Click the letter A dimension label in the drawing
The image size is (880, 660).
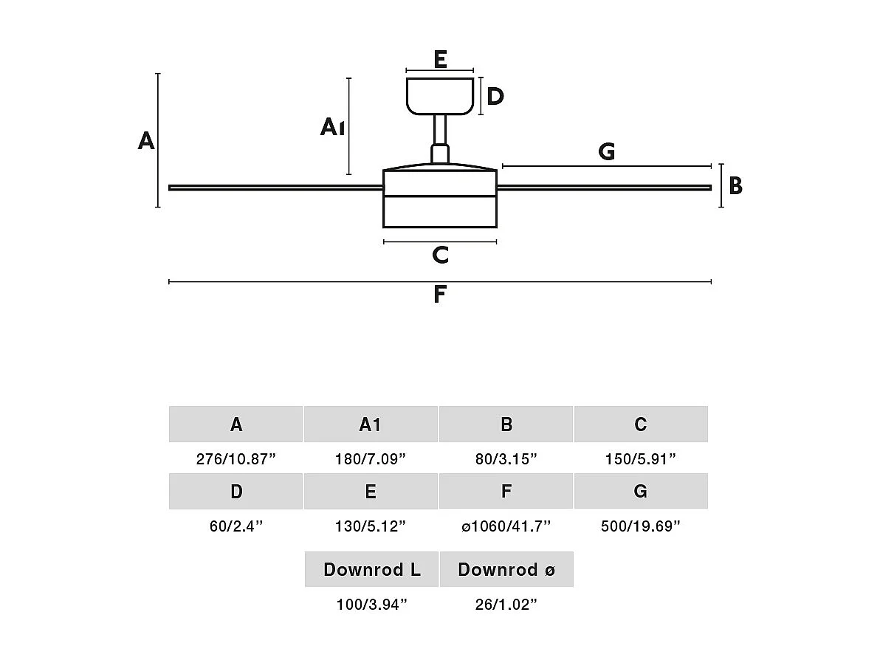pyautogui.click(x=146, y=140)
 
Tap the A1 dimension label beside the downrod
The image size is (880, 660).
pyautogui.click(x=332, y=128)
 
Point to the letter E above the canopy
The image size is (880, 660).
pyautogui.click(x=440, y=59)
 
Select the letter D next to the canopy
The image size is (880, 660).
pyautogui.click(x=495, y=96)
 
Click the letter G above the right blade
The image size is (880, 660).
pyautogui.click(x=606, y=152)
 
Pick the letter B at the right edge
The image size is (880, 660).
pyautogui.click(x=735, y=186)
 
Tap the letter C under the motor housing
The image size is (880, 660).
pyautogui.click(x=440, y=255)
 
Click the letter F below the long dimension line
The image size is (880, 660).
pyautogui.click(x=440, y=295)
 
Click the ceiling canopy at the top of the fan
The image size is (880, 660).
pyautogui.click(x=440, y=96)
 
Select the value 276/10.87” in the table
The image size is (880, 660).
pyautogui.click(x=236, y=459)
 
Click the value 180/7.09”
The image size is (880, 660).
pyautogui.click(x=371, y=459)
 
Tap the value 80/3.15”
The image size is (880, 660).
pyautogui.click(x=506, y=459)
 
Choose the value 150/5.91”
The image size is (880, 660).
pyautogui.click(x=640, y=459)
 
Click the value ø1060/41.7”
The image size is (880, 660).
pyautogui.click(x=506, y=526)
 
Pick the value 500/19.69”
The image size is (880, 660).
pyautogui.click(x=640, y=526)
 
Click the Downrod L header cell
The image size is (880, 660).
pyautogui.click(x=371, y=569)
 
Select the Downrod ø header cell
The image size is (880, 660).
pyautogui.click(x=506, y=569)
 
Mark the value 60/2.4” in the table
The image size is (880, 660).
pyautogui.click(x=236, y=526)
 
